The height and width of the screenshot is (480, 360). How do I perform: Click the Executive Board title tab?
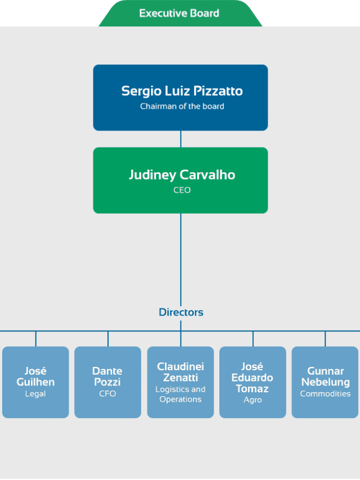coord(181,13)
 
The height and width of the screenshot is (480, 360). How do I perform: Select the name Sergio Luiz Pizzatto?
coord(182,91)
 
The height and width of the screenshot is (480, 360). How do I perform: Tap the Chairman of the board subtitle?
coord(182,106)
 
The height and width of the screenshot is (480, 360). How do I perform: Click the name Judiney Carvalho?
coord(182,175)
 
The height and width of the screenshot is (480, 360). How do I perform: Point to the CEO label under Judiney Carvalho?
coord(182,190)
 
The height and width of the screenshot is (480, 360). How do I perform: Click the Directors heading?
coord(181,312)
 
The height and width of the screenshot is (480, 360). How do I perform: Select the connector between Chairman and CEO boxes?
coord(181,139)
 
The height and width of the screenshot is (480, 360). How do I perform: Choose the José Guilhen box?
coord(35,382)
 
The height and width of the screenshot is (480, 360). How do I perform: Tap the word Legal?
coord(35,394)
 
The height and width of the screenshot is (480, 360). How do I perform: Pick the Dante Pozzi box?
coord(108,382)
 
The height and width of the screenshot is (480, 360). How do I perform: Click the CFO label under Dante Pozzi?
coord(107,394)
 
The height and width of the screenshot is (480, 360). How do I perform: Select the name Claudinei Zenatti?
coord(181,372)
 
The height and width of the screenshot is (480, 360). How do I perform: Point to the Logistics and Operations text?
coord(181,394)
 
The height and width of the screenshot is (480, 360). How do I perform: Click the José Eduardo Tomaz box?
coord(253,382)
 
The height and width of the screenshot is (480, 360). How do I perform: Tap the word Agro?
coord(253,400)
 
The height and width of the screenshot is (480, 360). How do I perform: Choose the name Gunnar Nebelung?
coord(326,376)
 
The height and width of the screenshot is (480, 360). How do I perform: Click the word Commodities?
coord(325,394)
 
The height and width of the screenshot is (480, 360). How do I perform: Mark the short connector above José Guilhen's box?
coord(36,339)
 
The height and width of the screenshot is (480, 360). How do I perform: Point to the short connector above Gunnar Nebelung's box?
coord(325,339)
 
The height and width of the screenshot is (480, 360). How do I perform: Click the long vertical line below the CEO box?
coord(181,260)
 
